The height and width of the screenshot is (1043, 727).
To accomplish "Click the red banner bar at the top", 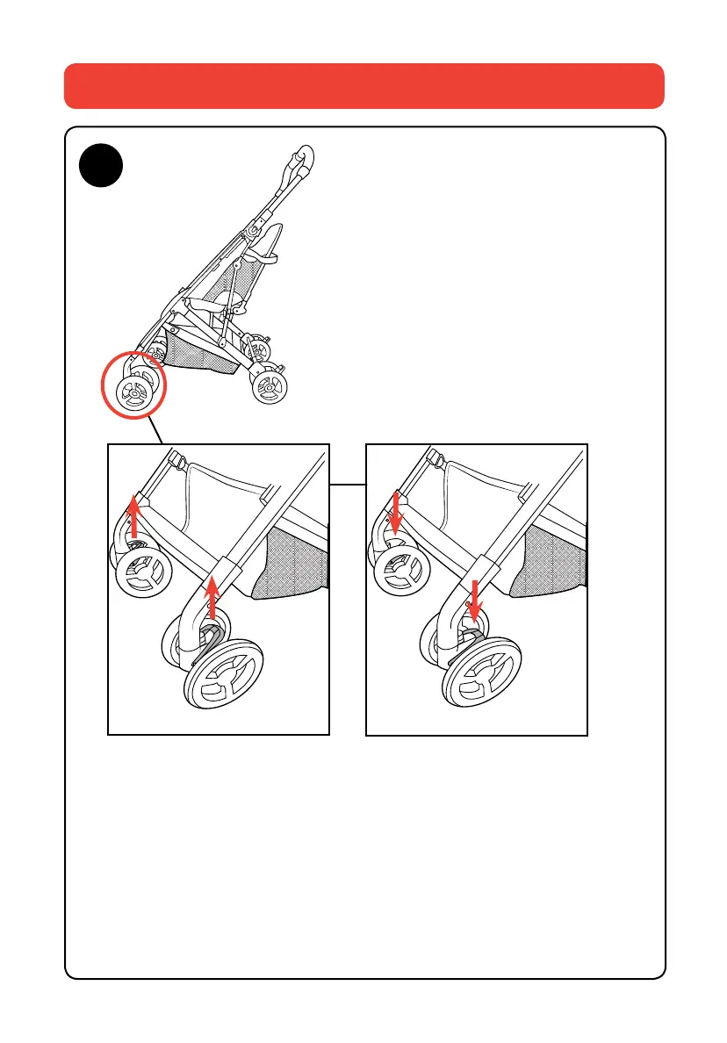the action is point(363,85).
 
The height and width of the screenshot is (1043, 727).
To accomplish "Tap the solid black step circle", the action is point(99,167).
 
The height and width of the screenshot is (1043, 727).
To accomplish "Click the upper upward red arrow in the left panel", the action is point(133,515).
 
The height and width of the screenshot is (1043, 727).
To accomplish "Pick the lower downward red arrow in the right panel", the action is point(474,599).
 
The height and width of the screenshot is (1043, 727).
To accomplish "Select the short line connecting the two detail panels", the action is point(347,484).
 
